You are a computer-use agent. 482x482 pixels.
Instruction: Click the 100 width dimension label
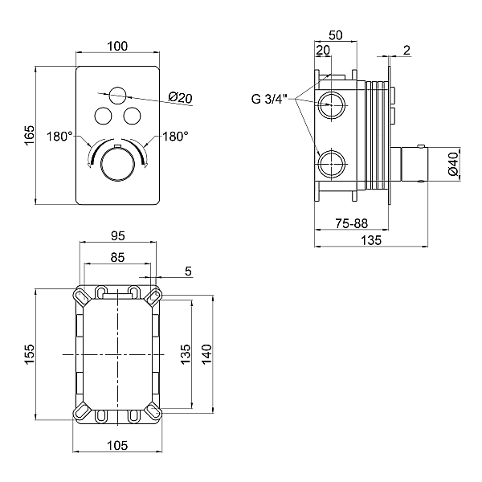coord(117,47)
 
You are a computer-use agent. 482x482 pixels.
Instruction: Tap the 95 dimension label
coord(117,236)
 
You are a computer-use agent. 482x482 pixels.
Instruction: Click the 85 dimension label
coord(117,259)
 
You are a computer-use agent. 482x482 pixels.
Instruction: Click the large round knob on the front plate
coord(117,165)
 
